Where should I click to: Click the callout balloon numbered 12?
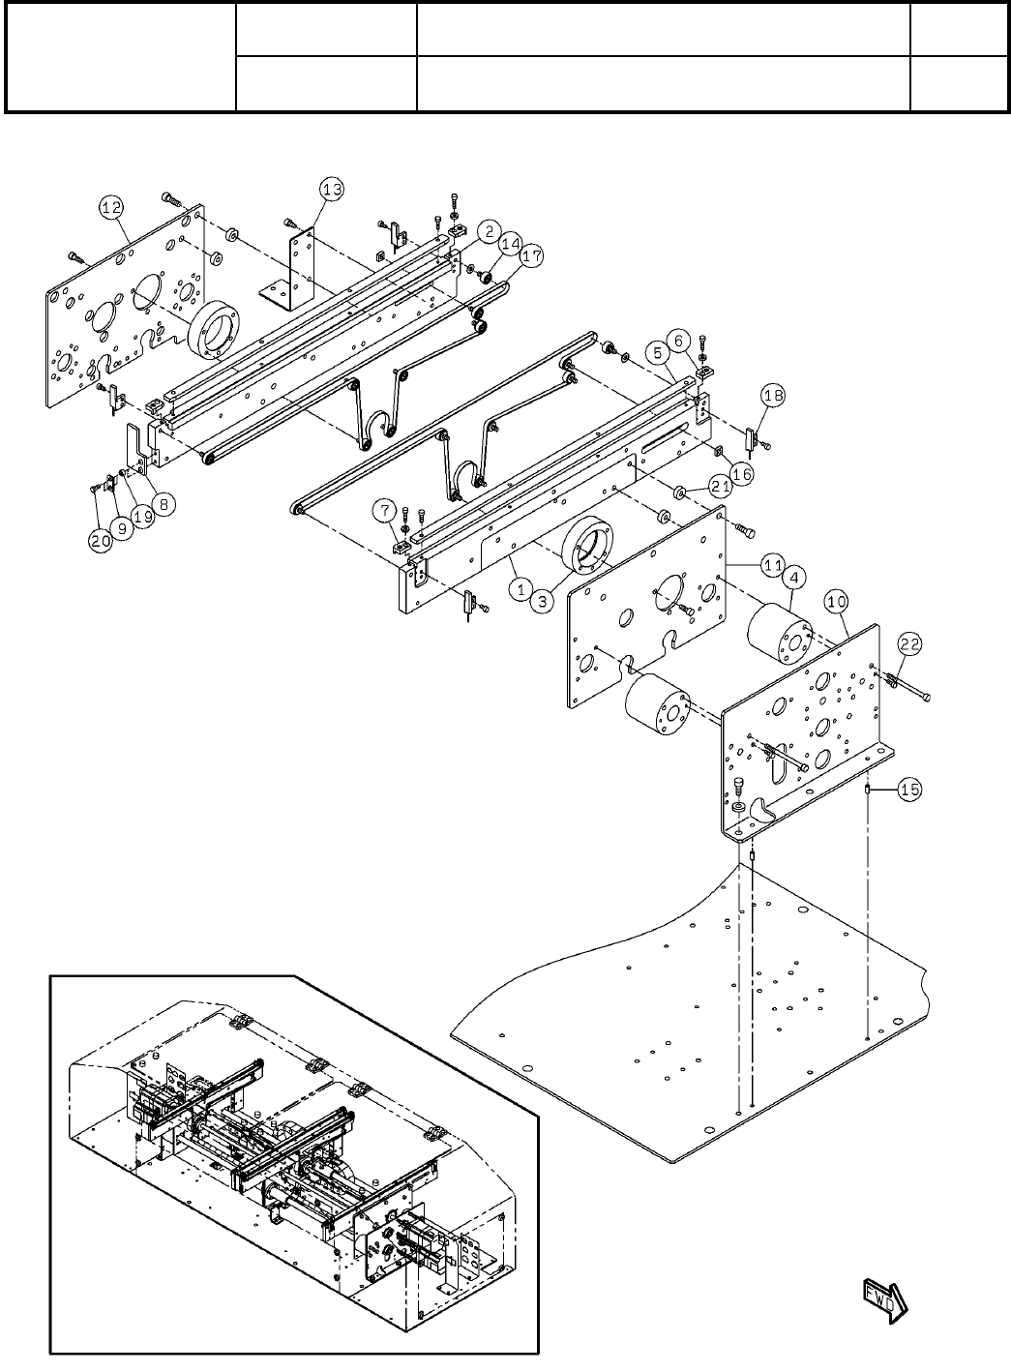111,208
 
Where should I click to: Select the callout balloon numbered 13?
332,190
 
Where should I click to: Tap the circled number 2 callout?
489,231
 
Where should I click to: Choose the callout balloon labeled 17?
532,255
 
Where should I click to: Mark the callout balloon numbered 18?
773,396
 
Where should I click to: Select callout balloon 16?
742,474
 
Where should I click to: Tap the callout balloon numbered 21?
721,487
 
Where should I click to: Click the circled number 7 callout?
384,510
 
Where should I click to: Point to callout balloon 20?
101,541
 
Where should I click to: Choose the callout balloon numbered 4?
794,577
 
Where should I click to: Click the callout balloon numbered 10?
836,602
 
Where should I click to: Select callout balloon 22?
910,643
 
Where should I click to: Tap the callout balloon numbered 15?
910,790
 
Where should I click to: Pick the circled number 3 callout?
542,602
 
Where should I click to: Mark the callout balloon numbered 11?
773,565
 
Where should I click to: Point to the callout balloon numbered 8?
164,504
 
